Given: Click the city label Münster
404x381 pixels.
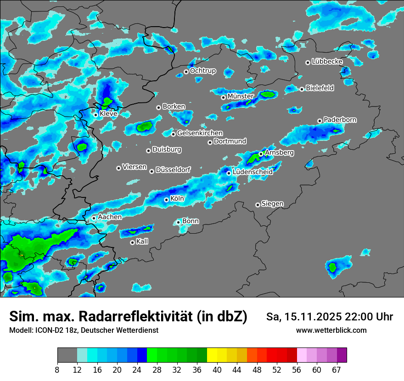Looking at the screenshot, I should [x=241, y=96].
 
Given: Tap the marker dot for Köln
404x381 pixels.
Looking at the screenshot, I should [x=166, y=200].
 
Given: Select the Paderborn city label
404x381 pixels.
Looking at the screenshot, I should [x=340, y=120].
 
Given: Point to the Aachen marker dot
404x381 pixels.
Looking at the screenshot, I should [x=94, y=218].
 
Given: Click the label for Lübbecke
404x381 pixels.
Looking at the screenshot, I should [x=327, y=62].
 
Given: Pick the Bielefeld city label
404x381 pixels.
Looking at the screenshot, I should [x=320, y=88].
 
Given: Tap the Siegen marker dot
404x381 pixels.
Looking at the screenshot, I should [x=258, y=205].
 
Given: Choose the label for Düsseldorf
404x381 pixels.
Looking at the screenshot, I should [x=173, y=170].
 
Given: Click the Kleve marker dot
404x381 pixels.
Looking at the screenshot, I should [x=95, y=114].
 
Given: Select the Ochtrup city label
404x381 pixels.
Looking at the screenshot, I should [x=202, y=71].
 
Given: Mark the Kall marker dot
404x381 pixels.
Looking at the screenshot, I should [x=132, y=242].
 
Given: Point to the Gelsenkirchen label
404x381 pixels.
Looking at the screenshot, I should [x=200, y=133].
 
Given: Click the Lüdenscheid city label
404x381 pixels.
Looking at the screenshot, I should [x=252, y=172].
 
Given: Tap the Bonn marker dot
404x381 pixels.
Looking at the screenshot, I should [x=178, y=222].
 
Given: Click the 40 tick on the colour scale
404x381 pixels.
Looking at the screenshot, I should [x=217, y=369].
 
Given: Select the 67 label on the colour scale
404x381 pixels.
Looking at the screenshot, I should [x=336, y=369].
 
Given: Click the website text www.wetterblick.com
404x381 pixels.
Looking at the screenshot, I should [x=331, y=331].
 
